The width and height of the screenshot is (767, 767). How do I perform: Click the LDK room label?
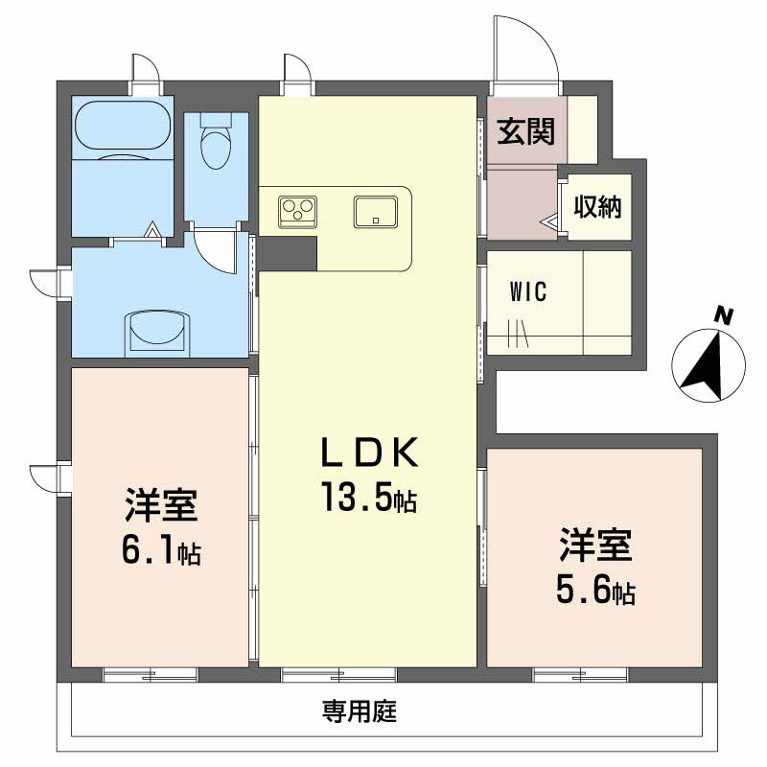(369, 453)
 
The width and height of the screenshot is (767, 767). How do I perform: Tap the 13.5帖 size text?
(369, 497)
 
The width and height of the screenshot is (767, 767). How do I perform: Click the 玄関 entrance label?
(525, 131)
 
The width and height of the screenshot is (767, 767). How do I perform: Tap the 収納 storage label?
(597, 206)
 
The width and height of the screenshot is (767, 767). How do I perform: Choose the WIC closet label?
(528, 292)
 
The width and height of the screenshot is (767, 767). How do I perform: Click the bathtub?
(124, 130)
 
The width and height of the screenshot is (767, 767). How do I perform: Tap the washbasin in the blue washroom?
(158, 334)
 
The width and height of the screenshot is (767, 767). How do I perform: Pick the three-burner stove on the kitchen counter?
(297, 211)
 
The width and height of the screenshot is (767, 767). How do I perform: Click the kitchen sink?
(376, 211)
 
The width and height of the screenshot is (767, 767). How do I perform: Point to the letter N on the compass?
(723, 315)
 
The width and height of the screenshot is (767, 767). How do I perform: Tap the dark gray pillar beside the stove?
(288, 253)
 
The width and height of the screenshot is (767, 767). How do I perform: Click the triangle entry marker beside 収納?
(547, 221)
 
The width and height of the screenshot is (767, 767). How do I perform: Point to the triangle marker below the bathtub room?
(152, 229)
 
